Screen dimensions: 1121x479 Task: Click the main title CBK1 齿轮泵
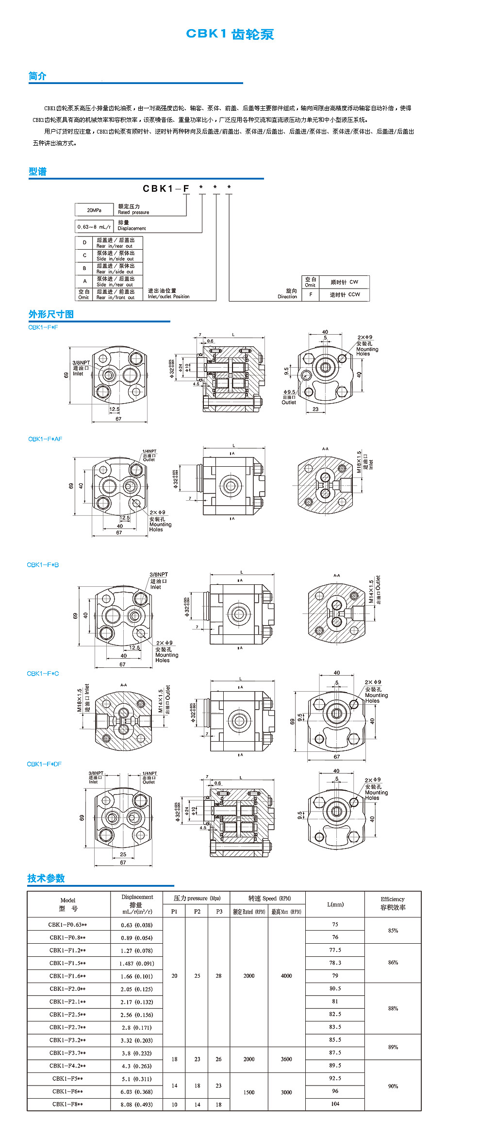pos(230,34)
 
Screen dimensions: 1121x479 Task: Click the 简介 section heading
pos(37,76)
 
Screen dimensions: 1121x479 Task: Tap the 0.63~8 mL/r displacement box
pos(94,227)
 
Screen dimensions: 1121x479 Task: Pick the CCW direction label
pos(345,295)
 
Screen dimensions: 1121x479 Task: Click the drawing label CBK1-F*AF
pos(45,439)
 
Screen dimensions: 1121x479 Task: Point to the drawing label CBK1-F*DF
pos(44,764)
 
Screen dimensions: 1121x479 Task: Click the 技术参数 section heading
pos(46,878)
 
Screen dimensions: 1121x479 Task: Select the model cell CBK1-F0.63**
pos(67,925)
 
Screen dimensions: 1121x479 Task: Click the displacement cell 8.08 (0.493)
pos(136,1104)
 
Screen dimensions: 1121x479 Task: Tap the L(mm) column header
pos(335,904)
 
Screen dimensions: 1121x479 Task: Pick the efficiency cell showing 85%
pos(393,931)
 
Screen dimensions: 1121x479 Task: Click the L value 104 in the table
pos(335,1104)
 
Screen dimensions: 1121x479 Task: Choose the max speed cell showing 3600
pos(286,1059)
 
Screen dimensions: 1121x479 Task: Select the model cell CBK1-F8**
pos(67,1104)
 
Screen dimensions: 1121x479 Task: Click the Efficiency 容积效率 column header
pos(393,903)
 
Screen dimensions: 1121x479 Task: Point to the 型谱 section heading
pos(37,171)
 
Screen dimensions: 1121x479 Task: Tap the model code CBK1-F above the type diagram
pos(165,188)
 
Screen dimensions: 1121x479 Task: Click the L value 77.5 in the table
pos(335,950)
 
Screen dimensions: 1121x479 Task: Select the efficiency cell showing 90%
pos(393,1086)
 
